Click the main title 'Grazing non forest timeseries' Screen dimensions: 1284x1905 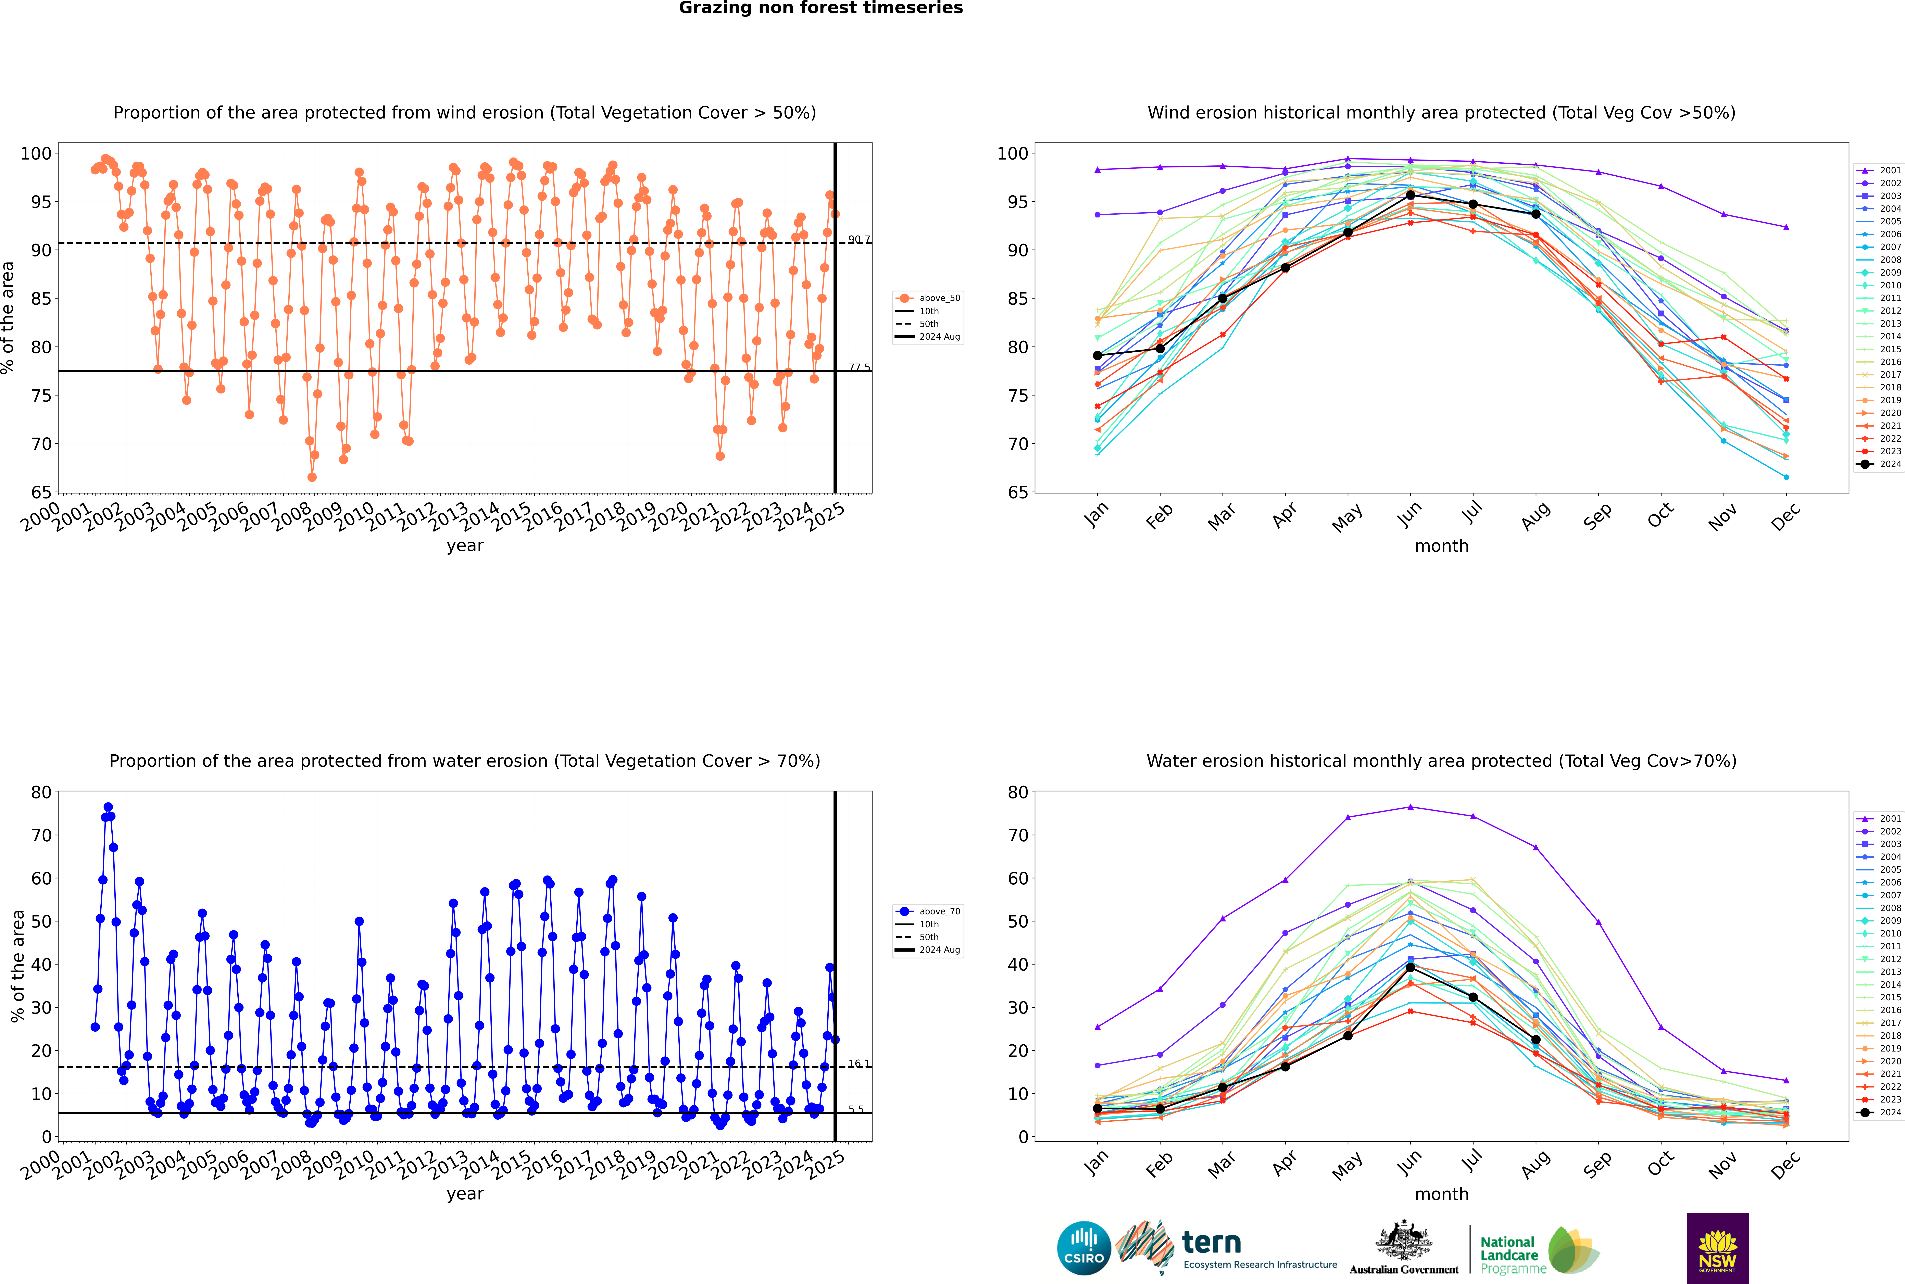tap(821, 8)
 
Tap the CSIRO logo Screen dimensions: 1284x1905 tap(1083, 1248)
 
